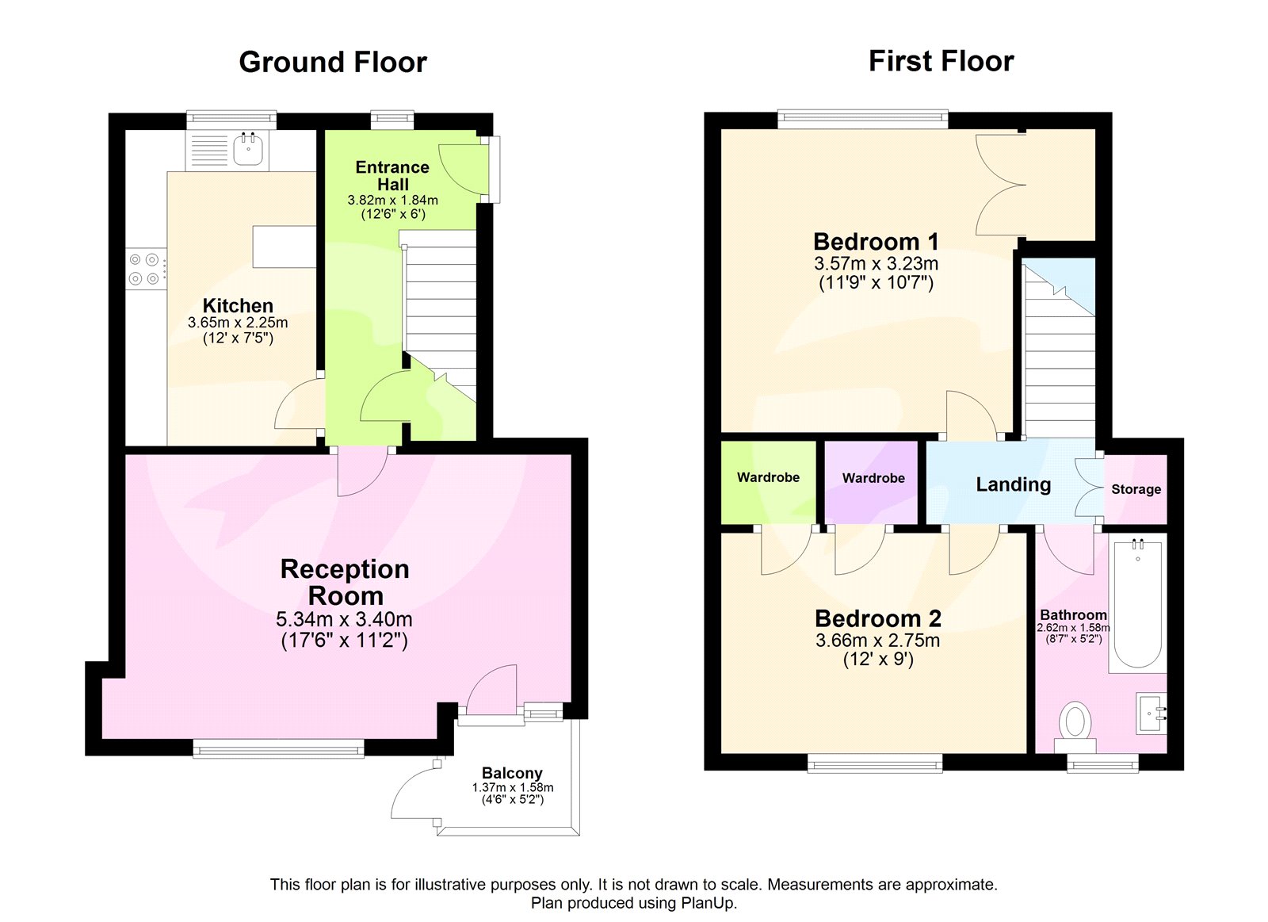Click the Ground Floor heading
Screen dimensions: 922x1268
coord(333,62)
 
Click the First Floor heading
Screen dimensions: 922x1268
coord(941,61)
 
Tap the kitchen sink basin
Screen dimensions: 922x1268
coord(248,150)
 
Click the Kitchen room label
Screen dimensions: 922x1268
coord(238,306)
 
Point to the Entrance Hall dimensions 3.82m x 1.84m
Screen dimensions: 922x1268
coord(392,201)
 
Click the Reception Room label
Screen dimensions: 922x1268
coord(345,582)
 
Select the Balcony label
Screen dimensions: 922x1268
coord(512,773)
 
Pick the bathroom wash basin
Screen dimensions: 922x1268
coord(1151,713)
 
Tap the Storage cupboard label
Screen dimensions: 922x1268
coord(1136,489)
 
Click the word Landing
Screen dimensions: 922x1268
coord(1013,484)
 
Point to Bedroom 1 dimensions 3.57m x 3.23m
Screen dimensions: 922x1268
coord(876,264)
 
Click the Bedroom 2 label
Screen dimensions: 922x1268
coord(877,618)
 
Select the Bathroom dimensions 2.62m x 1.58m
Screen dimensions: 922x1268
coord(1073,628)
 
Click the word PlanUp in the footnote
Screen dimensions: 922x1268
coord(708,903)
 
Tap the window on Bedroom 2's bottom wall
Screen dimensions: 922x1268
coord(875,764)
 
